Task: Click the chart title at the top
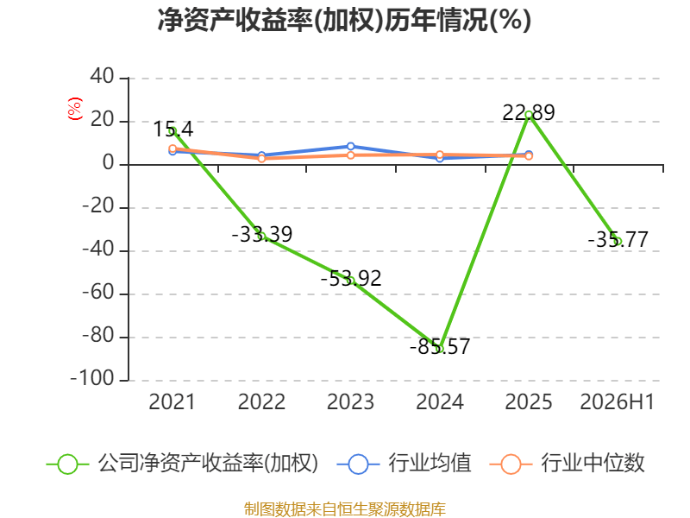click(x=344, y=20)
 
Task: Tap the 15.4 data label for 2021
click(x=173, y=129)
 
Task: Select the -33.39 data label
click(x=262, y=234)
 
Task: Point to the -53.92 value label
click(x=351, y=278)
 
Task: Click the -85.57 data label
click(x=440, y=346)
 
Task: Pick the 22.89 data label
click(x=529, y=113)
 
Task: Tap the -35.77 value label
click(x=618, y=240)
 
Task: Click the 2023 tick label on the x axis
click(x=350, y=402)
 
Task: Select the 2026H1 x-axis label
click(x=618, y=402)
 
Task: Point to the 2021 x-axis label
click(x=172, y=402)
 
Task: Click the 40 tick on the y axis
click(x=102, y=77)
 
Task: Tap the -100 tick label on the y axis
click(x=92, y=379)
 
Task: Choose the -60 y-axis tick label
click(x=98, y=293)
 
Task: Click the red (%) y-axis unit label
click(x=75, y=109)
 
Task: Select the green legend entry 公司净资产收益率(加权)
click(x=182, y=464)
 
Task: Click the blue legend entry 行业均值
click(x=404, y=464)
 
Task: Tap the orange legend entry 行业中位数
click(x=568, y=464)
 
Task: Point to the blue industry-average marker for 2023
click(x=351, y=146)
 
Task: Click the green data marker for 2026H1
click(x=618, y=242)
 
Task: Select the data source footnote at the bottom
click(x=345, y=509)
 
